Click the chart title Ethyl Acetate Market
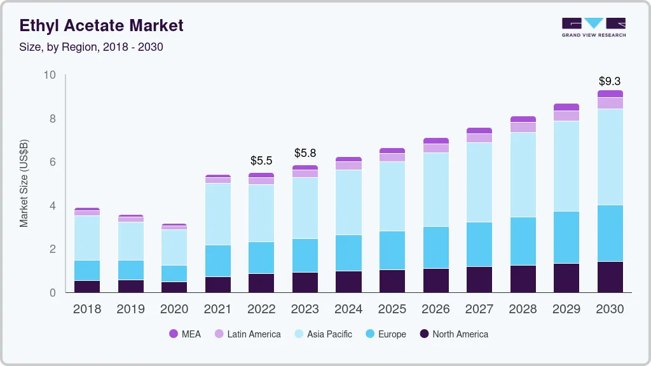pos(101,25)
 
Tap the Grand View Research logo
pos(593,27)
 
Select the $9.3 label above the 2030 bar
pos(610,81)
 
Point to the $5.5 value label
pos(261,161)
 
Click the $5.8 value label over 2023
pos(305,153)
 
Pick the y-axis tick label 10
pos(50,76)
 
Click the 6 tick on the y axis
pos(53,163)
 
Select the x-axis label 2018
pos(86,309)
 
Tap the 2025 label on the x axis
pos(392,309)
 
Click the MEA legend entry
pos(184,334)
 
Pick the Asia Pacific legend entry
pos(322,334)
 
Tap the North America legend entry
pos(453,334)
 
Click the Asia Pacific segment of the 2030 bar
pos(610,157)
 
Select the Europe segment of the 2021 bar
pos(217,261)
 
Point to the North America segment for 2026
pos(435,280)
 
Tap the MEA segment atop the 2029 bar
pos(566,107)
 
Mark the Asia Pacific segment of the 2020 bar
pos(174,247)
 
